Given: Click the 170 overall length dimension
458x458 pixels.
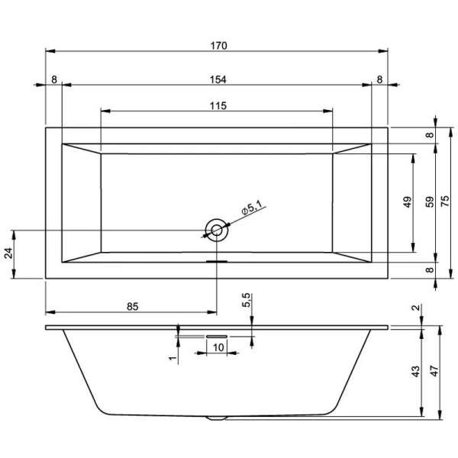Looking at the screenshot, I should (x=218, y=45).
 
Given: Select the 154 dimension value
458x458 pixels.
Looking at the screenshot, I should (x=218, y=79).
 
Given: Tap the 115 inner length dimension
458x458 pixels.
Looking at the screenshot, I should (x=218, y=106).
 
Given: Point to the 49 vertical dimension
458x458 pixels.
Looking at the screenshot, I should (x=408, y=202).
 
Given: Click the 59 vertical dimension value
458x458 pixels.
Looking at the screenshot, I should (x=430, y=202).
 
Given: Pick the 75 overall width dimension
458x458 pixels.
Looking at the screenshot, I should (x=451, y=202).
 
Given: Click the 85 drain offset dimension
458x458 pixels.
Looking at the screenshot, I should (x=131, y=306).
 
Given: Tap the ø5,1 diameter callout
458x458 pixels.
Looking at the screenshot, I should (x=252, y=208).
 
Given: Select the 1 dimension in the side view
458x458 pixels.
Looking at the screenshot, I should (x=173, y=356).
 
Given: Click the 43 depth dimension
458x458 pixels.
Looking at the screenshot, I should (x=415, y=372).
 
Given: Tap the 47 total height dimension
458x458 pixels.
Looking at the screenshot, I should (x=434, y=372).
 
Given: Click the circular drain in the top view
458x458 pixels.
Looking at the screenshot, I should (x=217, y=229).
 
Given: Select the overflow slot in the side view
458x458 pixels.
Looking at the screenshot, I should (x=217, y=334).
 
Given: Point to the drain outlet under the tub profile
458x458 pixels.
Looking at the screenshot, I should (x=217, y=418).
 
